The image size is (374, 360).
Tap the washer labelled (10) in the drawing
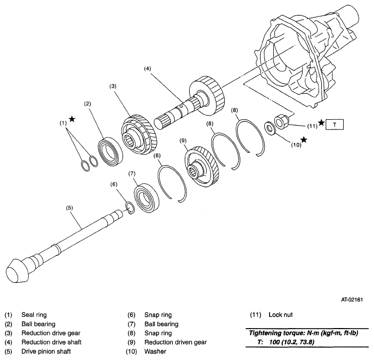point(270,128)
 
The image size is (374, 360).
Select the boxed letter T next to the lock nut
point(335,125)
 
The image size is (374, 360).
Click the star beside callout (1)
point(72,119)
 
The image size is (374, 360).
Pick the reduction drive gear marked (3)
point(139,136)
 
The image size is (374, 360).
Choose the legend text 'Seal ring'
point(33,314)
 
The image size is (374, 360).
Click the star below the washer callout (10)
point(304,140)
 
